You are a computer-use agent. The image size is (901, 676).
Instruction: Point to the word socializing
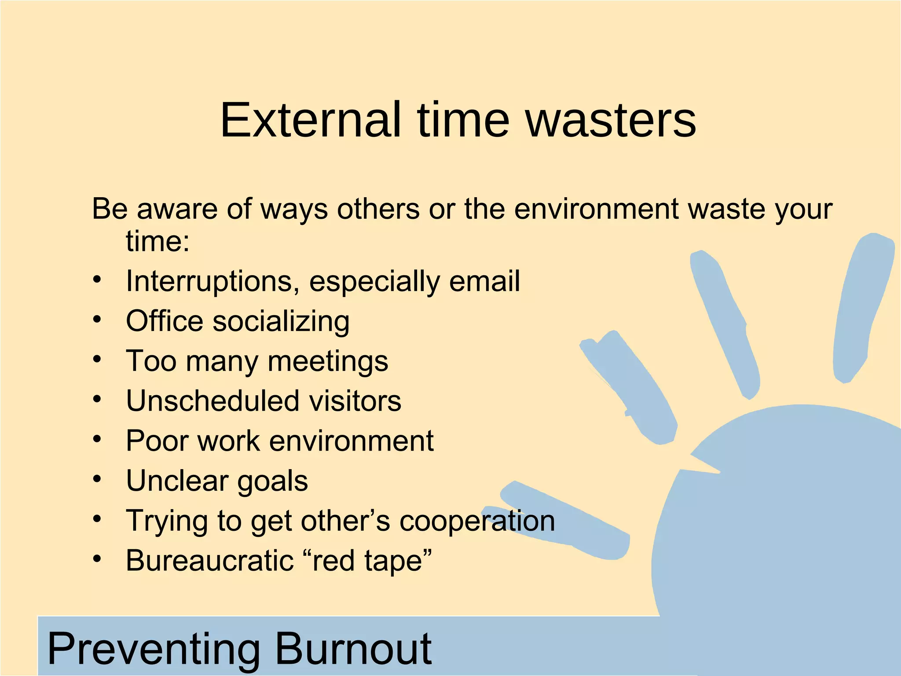tap(281, 321)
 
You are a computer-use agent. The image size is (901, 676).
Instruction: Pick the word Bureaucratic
tap(209, 561)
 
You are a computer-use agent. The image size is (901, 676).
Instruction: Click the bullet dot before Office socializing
tap(97, 320)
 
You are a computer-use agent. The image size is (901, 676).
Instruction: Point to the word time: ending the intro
tap(157, 241)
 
